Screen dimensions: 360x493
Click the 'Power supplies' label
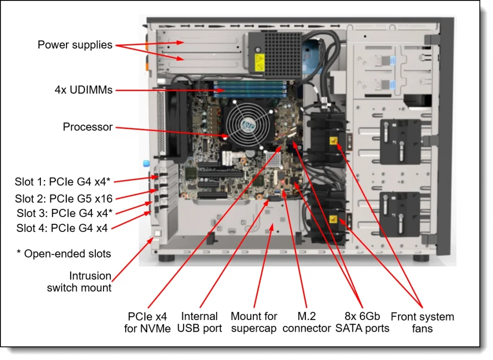pyautogui.click(x=75, y=45)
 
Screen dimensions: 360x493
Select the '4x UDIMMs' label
pyautogui.click(x=83, y=90)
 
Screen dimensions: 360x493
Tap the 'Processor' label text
pyautogui.click(x=88, y=127)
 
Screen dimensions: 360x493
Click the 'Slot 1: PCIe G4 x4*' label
pyautogui.click(x=63, y=182)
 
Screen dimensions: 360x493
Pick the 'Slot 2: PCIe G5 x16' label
pyautogui.click(x=64, y=198)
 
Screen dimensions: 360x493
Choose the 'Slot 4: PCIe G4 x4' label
pyautogui.click(x=62, y=228)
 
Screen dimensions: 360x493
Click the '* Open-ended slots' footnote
pyautogui.click(x=64, y=254)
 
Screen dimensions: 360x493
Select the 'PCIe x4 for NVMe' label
pyautogui.click(x=147, y=322)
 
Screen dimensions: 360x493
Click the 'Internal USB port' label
pyautogui.click(x=199, y=322)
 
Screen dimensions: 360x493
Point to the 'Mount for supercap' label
pyautogui.click(x=254, y=322)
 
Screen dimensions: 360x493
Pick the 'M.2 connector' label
pyautogui.click(x=306, y=322)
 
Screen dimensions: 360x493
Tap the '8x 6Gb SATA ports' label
pyautogui.click(x=362, y=322)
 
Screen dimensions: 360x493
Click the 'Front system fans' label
pyautogui.click(x=422, y=322)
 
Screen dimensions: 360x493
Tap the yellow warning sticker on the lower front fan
pyautogui.click(x=333, y=219)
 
